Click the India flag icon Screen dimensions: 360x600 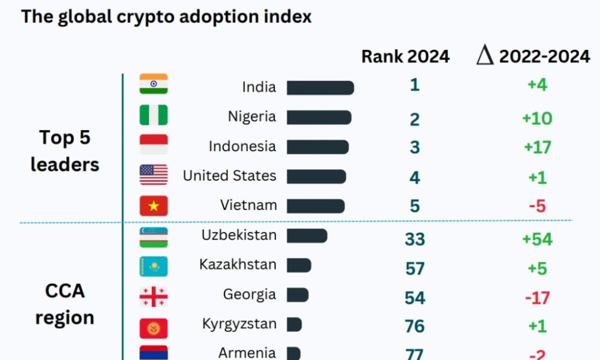pyautogui.click(x=154, y=85)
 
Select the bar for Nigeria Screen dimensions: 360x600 pyautogui.click(x=319, y=118)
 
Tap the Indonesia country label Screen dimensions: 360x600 pyautogui.click(x=242, y=146)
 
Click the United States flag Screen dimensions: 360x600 pyautogui.click(x=154, y=175)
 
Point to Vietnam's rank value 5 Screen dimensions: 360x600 pyautogui.click(x=415, y=206)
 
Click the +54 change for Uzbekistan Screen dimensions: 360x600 pyautogui.click(x=537, y=239)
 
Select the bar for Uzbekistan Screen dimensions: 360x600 pyautogui.click(x=307, y=236)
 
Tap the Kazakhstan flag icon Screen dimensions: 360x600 pyautogui.click(x=154, y=266)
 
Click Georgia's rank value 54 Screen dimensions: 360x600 pyautogui.click(x=415, y=298)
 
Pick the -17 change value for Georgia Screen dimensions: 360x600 pyautogui.click(x=537, y=298)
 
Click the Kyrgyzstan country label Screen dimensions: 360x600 pyautogui.click(x=239, y=324)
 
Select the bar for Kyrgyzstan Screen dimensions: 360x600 pyautogui.click(x=294, y=325)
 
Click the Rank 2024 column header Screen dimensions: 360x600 pyautogui.click(x=405, y=56)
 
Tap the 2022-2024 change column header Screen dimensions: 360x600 pyautogui.click(x=533, y=56)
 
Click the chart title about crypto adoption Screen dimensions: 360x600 pyautogui.click(x=166, y=16)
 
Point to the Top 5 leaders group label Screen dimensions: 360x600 pyautogui.click(x=65, y=151)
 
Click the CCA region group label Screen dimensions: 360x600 pyautogui.click(x=65, y=304)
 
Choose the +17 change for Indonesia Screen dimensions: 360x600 pyautogui.click(x=537, y=147)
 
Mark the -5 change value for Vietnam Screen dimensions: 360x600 pyautogui.click(x=537, y=206)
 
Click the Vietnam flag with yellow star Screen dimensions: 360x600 pyautogui.click(x=154, y=206)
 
